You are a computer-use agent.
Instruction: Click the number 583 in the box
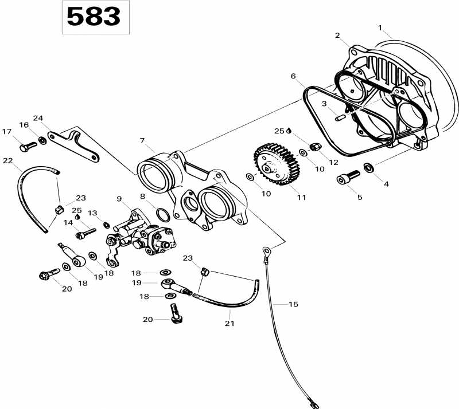(94, 17)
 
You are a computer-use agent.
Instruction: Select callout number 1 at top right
(379, 27)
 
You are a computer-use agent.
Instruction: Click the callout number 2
(338, 36)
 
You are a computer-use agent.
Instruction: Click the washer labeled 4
(368, 168)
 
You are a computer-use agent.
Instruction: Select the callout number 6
(293, 76)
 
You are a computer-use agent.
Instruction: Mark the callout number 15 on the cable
(293, 304)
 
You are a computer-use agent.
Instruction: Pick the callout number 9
(119, 199)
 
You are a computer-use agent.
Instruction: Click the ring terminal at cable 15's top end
(266, 250)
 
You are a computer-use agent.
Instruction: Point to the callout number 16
(24, 125)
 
